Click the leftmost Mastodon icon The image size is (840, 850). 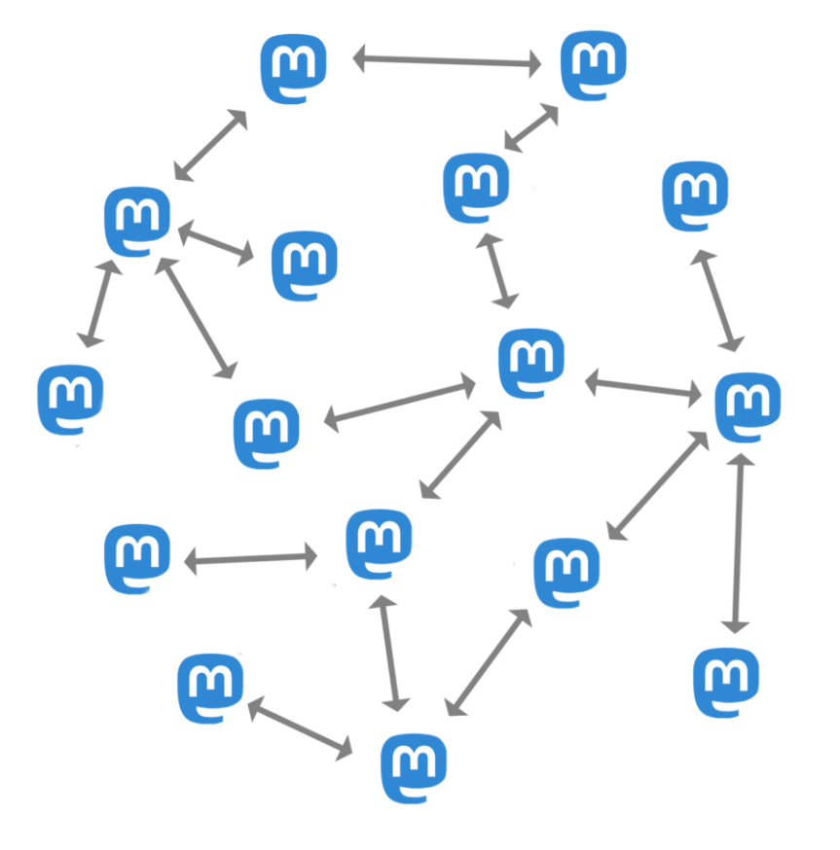[x=70, y=400]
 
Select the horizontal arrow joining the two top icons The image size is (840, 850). [x=447, y=62]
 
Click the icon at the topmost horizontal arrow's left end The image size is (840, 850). [x=294, y=69]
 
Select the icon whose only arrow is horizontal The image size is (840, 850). [x=137, y=558]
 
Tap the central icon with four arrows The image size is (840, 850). [x=531, y=363]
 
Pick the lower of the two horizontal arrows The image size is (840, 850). [x=250, y=559]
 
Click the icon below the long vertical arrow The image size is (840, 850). [x=726, y=682]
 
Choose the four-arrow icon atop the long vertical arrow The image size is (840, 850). [x=748, y=406]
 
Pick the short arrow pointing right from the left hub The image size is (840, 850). [x=216, y=242]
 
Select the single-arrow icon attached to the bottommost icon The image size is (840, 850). [x=210, y=689]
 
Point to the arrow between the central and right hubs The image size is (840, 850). [x=643, y=386]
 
